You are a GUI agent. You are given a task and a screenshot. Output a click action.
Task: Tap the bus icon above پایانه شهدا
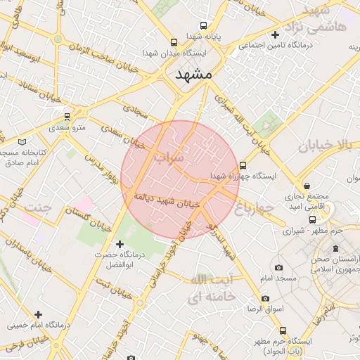[203, 24]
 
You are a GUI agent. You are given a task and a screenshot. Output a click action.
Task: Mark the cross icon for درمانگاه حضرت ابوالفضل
[120, 243]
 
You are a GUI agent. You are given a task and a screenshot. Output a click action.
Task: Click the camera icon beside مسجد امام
[279, 267]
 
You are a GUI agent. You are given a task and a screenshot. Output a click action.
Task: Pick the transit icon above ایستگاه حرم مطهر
[283, 330]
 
